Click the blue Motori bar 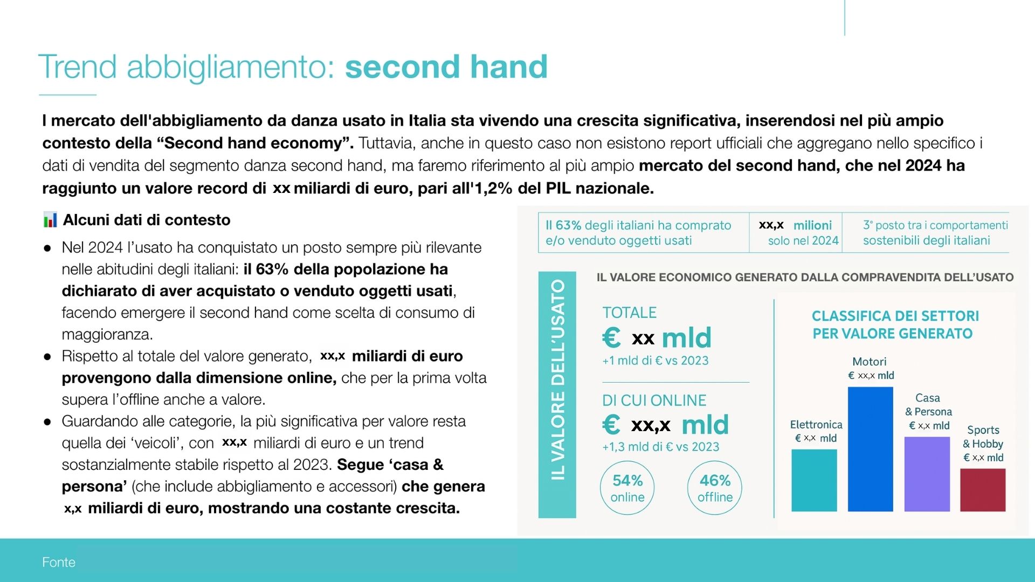coord(870,449)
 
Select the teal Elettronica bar coord(814,480)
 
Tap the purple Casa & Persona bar coord(927,474)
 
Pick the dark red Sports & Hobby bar coord(983,490)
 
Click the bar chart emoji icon coord(50,220)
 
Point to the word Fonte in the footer coord(59,562)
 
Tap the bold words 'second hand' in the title coord(446,67)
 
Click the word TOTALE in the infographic coord(629,313)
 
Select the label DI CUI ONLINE coord(654,400)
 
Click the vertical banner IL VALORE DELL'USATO coord(557,394)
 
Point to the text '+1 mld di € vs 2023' coord(655,361)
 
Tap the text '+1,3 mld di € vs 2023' coord(661,447)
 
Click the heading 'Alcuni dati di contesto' coord(147,220)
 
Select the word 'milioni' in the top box coord(812,225)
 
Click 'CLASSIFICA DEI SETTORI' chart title coord(895,316)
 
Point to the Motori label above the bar coord(869,362)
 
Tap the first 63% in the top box coord(568,225)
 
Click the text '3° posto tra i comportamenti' coord(935,225)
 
